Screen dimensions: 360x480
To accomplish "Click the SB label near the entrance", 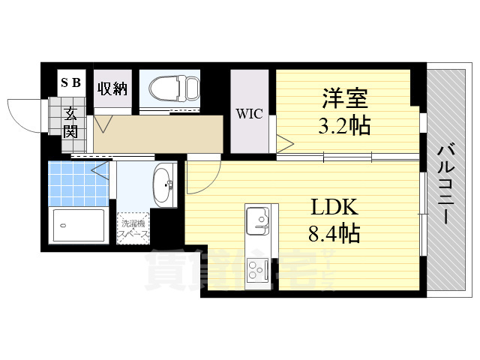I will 72,83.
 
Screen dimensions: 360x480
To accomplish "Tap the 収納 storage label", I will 111,88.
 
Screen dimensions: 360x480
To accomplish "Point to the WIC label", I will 249,114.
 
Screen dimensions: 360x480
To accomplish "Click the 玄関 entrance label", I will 70,124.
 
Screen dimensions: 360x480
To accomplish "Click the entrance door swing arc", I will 22,114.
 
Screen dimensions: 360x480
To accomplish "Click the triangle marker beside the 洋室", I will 284,143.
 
